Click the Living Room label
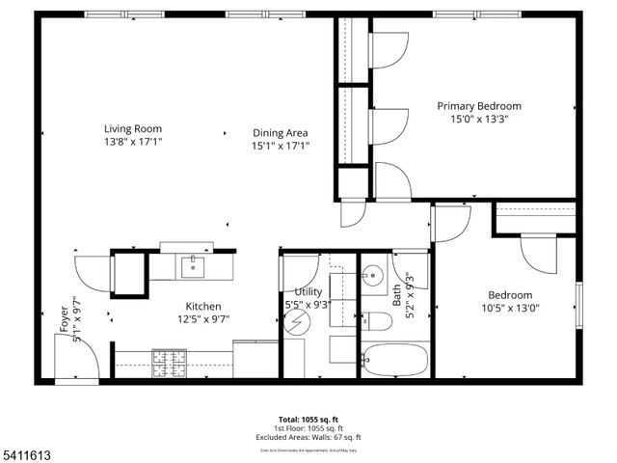point(133,128)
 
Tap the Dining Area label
point(281,133)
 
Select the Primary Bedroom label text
point(479,106)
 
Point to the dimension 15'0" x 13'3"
point(479,120)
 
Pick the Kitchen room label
point(203,306)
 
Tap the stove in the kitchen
point(170,362)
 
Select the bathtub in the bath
point(394,363)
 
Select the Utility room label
point(308,292)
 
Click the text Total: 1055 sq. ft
point(308,419)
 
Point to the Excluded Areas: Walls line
point(308,438)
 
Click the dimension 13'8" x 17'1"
point(133,142)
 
